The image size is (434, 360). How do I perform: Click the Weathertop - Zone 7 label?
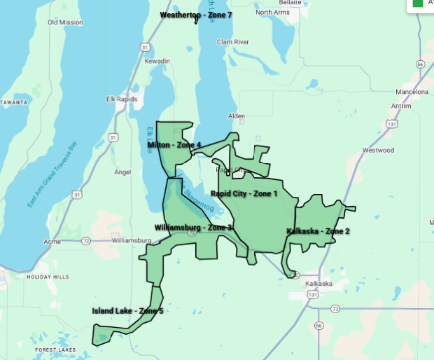pyautogui.click(x=195, y=15)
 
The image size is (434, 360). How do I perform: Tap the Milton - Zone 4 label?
pyautogui.click(x=174, y=145)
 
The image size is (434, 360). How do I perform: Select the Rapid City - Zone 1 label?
pyautogui.click(x=244, y=193)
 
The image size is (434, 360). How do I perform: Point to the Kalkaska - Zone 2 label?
pyautogui.click(x=318, y=231)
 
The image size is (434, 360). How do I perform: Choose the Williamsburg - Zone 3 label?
pyautogui.click(x=193, y=228)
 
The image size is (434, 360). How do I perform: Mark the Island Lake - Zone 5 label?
pyautogui.click(x=127, y=311)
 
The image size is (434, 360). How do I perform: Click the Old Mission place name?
pyautogui.click(x=65, y=22)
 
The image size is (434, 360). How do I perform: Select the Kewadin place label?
pyautogui.click(x=157, y=62)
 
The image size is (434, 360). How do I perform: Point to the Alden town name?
pyautogui.click(x=237, y=116)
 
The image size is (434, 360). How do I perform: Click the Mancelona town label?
pyautogui.click(x=411, y=92)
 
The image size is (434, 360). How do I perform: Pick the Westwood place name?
pyautogui.click(x=379, y=150)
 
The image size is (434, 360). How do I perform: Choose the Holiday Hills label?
pyautogui.click(x=48, y=277)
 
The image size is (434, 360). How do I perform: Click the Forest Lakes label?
pyautogui.click(x=55, y=349)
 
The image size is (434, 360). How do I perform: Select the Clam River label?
pyautogui.click(x=232, y=42)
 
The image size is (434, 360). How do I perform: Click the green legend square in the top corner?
pyautogui.click(x=418, y=3)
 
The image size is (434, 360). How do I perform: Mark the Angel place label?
pyautogui.click(x=122, y=172)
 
